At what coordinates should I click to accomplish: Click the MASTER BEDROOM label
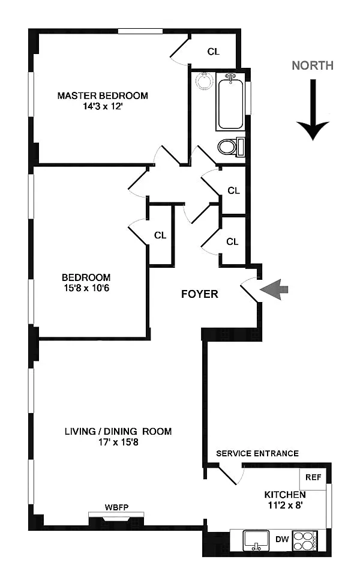[x=103, y=95]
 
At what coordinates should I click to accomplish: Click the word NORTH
[x=313, y=65]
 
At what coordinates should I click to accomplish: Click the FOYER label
[x=200, y=294]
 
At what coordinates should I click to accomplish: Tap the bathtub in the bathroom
[x=231, y=101]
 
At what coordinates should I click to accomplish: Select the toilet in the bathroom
[x=229, y=146]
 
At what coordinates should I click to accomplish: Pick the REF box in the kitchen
[x=313, y=477]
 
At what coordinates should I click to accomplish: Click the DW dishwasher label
[x=282, y=539]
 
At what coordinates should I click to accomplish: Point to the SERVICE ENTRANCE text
[x=257, y=453]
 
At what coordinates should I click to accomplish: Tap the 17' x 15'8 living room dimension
[x=118, y=443]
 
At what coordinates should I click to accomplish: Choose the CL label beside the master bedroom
[x=214, y=52]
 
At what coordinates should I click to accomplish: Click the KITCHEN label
[x=286, y=495]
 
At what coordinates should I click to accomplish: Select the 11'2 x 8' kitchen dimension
[x=286, y=506]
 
